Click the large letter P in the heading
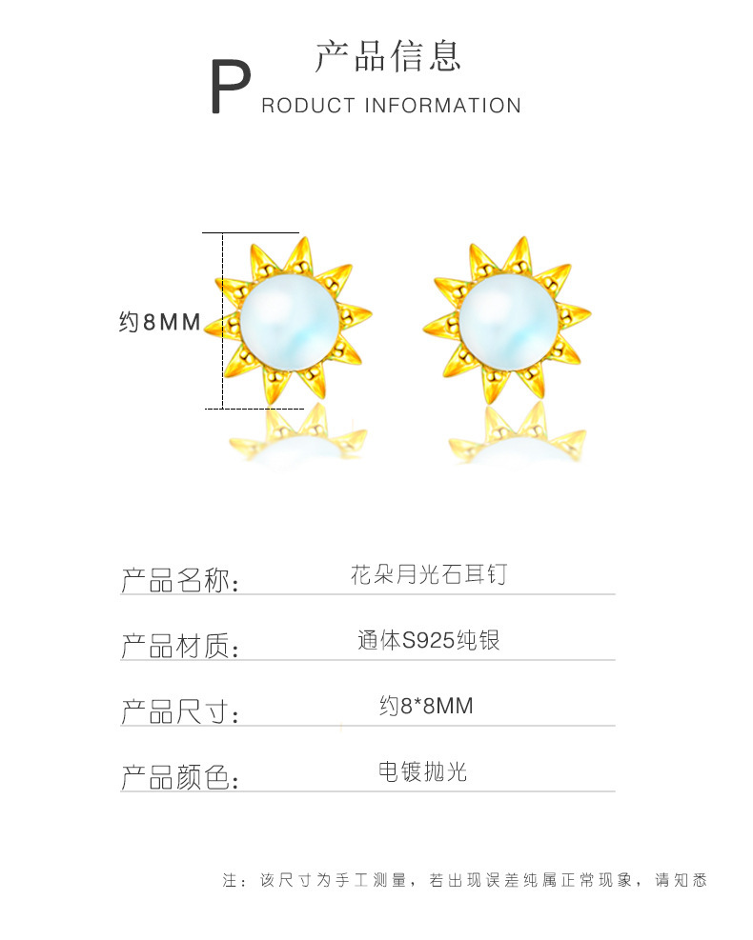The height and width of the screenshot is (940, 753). point(229,89)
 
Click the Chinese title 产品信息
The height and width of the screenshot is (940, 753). point(388,56)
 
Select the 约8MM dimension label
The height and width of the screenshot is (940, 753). point(159,323)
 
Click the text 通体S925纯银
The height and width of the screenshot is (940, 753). point(428,641)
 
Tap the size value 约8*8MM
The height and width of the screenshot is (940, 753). point(426,707)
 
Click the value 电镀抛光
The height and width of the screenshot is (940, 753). point(423,771)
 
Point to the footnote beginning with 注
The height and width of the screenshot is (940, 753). point(465,880)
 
